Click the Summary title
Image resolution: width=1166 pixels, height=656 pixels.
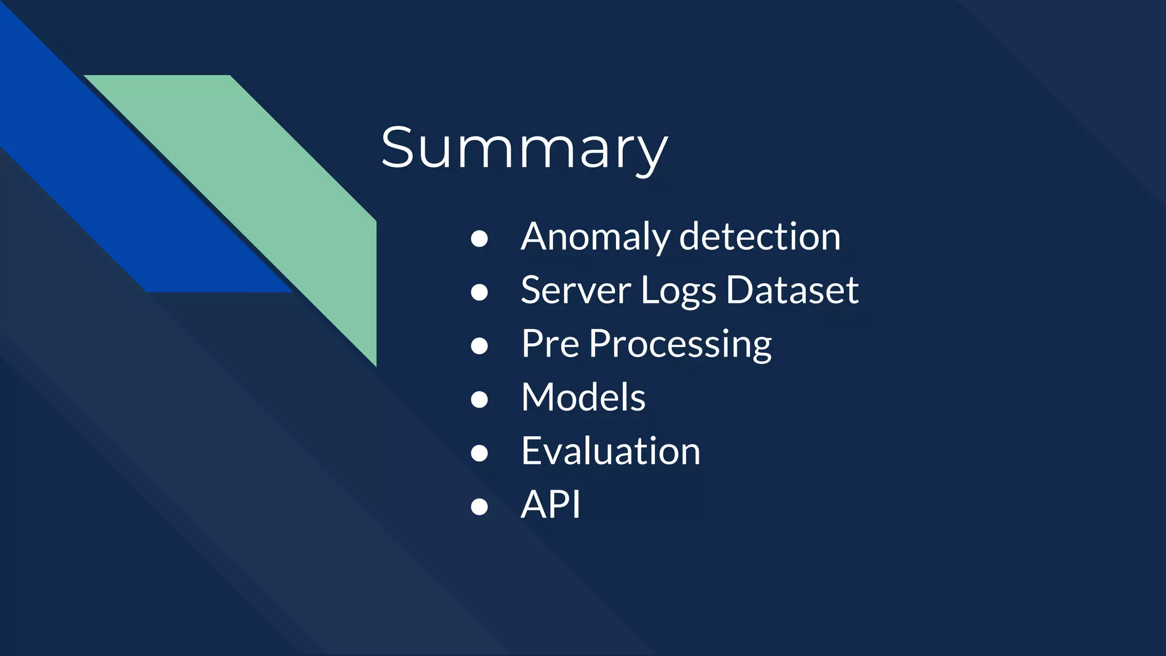click(524, 148)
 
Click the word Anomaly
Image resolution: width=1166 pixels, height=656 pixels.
click(595, 237)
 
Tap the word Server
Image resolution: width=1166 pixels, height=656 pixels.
click(576, 290)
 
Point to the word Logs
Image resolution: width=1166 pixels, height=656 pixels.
click(678, 291)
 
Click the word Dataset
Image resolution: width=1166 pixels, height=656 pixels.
click(792, 290)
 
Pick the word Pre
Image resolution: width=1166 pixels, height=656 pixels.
click(550, 344)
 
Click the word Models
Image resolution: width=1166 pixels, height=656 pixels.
click(583, 397)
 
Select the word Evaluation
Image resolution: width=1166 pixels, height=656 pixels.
click(610, 451)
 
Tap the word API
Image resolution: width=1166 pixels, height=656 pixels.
click(551, 505)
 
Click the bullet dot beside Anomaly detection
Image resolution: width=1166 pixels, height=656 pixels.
click(479, 239)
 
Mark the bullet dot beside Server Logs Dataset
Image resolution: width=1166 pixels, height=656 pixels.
click(479, 292)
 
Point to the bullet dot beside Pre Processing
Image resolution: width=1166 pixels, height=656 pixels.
click(479, 346)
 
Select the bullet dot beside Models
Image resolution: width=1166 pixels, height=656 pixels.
click(479, 399)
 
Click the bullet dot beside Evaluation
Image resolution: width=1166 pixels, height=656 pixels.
click(479, 453)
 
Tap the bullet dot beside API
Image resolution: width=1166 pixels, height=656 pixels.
click(479, 506)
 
